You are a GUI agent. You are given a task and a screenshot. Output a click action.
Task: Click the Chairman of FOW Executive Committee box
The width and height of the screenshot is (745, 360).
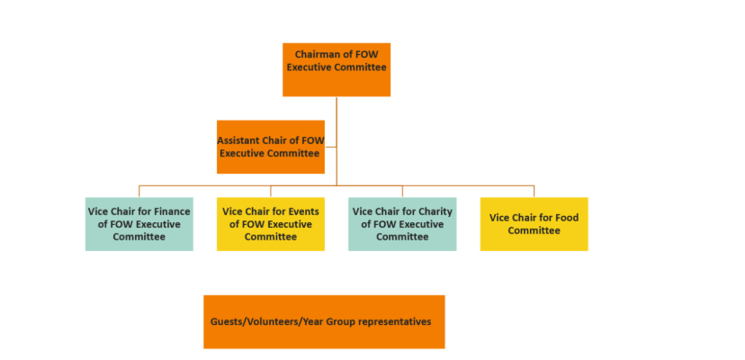[x=337, y=69]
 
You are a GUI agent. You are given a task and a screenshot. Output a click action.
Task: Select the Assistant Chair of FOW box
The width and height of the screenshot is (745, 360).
[x=271, y=147]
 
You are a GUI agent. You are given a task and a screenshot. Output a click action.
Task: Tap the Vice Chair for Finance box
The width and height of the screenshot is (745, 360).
[x=139, y=224]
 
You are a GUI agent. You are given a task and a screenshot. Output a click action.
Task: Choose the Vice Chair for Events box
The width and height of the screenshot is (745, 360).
[x=271, y=224]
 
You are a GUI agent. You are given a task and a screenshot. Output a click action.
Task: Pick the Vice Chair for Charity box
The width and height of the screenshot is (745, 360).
[x=402, y=224]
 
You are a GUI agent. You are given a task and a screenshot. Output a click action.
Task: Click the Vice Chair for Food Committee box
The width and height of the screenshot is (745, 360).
[x=534, y=224]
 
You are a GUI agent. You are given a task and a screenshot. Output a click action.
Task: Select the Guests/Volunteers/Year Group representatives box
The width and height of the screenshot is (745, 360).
[x=324, y=321]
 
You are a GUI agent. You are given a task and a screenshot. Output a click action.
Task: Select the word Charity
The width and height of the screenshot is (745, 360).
[x=433, y=211]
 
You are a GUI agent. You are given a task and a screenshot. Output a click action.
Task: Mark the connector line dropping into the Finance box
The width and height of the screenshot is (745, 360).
[x=139, y=192]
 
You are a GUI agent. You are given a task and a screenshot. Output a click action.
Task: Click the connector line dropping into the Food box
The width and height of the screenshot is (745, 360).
[x=534, y=192]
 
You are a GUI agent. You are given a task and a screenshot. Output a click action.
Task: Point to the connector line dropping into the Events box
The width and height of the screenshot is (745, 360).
[x=271, y=192]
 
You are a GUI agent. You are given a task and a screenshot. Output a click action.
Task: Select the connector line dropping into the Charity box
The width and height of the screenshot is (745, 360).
[x=402, y=192]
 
